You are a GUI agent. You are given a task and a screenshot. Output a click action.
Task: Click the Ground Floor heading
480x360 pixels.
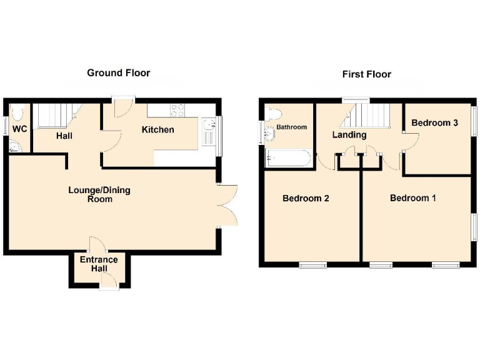click(118, 73)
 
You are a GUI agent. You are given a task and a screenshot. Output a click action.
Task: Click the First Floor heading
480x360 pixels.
click(366, 74)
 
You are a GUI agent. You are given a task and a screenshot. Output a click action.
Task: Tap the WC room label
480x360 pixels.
click(20, 129)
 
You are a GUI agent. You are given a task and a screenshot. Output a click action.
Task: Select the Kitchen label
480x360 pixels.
click(157, 130)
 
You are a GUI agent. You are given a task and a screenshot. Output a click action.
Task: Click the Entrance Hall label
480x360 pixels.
click(98, 264)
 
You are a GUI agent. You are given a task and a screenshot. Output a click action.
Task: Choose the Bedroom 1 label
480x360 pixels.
click(412, 198)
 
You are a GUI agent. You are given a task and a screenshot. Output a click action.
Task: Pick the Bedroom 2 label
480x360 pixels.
click(306, 199)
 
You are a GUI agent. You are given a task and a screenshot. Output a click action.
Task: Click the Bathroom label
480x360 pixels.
click(292, 127)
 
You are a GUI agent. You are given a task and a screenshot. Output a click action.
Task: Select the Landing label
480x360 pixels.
click(349, 135)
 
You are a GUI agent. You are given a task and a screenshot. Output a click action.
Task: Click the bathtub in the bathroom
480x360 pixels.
click(287, 158)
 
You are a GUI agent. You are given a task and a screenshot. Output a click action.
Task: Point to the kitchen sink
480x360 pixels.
click(208, 132)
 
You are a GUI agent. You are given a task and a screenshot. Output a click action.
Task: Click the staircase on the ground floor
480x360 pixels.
click(52, 116)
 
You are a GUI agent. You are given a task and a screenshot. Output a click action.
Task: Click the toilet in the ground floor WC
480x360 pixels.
click(17, 113)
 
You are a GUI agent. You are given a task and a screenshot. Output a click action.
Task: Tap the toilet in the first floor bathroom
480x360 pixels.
click(273, 113)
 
